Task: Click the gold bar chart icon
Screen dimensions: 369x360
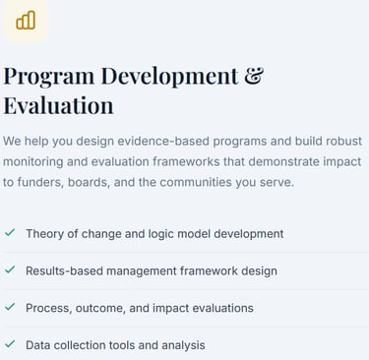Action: click(26, 21)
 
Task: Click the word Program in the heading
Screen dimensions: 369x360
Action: click(48, 77)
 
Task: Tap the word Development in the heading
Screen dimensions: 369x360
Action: click(169, 77)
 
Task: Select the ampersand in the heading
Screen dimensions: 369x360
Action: click(254, 76)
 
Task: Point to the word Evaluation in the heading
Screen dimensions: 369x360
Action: click(58, 105)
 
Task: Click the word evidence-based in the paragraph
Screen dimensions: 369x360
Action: click(163, 141)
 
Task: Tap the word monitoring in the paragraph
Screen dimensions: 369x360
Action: click(33, 161)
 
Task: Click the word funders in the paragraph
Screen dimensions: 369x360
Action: click(40, 182)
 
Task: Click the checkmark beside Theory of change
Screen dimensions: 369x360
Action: click(10, 232)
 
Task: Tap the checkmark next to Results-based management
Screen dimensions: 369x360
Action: click(10, 270)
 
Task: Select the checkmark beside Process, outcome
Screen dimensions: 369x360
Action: click(10, 307)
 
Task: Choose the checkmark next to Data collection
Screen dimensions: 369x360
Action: click(10, 344)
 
